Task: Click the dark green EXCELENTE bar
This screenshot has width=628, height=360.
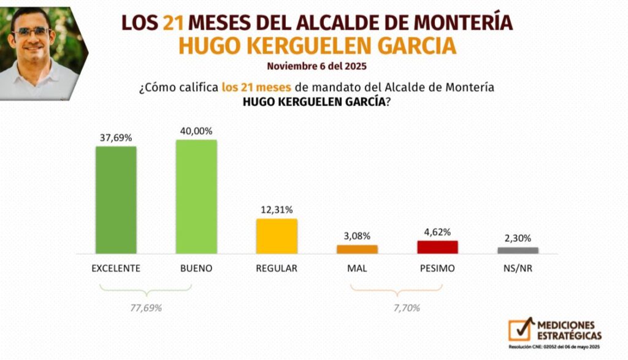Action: tap(116, 200)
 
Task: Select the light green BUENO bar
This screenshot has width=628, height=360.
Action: tap(196, 196)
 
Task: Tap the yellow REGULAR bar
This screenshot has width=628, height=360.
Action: tap(277, 236)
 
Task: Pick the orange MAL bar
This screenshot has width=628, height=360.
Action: tap(357, 249)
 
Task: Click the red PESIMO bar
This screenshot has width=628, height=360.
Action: tap(437, 247)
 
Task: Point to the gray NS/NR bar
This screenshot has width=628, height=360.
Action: tap(518, 250)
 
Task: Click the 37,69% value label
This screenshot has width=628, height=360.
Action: tap(116, 137)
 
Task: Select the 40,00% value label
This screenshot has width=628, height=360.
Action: tap(196, 131)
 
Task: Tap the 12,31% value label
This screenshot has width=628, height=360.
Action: tap(277, 210)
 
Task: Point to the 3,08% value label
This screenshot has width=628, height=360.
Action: tap(357, 236)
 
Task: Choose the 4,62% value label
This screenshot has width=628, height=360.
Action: tap(437, 232)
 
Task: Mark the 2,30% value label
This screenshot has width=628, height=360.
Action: tap(518, 238)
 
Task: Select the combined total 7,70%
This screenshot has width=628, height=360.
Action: tap(405, 308)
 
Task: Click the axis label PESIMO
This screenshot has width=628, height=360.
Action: tap(437, 269)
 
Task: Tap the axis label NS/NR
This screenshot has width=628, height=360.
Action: tap(518, 269)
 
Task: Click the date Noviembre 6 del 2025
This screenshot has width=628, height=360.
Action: tap(317, 66)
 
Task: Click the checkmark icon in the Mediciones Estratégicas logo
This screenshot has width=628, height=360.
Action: tap(521, 329)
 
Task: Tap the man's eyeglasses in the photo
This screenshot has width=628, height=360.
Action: tap(33, 31)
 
